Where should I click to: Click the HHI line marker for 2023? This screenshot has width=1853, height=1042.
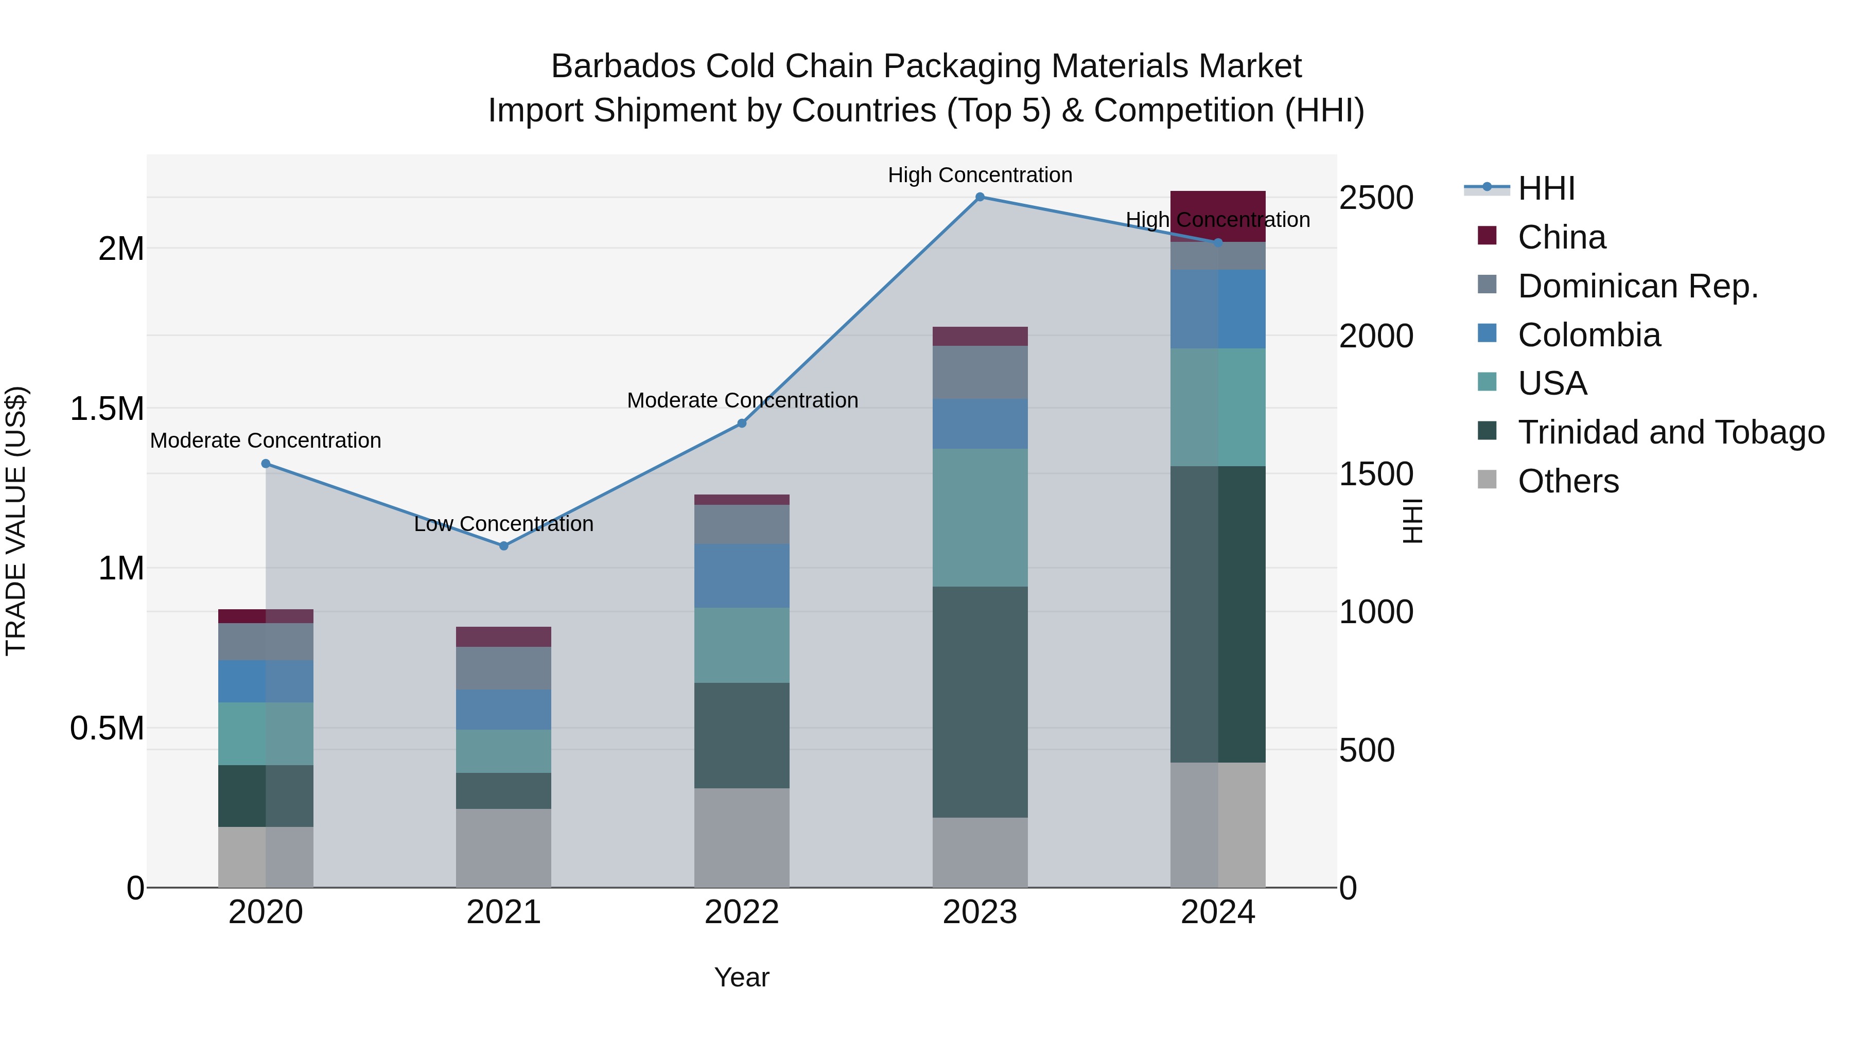(x=980, y=197)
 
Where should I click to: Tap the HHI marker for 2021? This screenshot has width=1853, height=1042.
(x=503, y=546)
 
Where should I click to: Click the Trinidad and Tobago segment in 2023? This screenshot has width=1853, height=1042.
(x=980, y=701)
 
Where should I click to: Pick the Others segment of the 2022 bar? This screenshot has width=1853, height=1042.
(x=742, y=837)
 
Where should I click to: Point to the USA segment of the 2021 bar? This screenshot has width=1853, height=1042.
(x=503, y=751)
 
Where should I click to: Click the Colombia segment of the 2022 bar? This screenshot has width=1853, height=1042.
(x=742, y=575)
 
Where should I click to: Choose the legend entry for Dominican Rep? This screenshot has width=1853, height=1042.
(x=1637, y=286)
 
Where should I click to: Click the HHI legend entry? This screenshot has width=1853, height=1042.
(x=1547, y=188)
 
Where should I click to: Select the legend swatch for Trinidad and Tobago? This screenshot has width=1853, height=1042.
(x=1487, y=432)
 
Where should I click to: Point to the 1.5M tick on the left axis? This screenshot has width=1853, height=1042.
(x=107, y=409)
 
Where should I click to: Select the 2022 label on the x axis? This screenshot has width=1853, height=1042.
(x=742, y=912)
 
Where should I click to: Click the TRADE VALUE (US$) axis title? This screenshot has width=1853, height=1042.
(x=16, y=521)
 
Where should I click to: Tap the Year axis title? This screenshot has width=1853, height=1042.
(x=742, y=977)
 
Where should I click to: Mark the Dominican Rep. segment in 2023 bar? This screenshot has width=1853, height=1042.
(x=980, y=372)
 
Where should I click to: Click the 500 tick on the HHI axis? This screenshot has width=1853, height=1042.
(x=1367, y=750)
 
